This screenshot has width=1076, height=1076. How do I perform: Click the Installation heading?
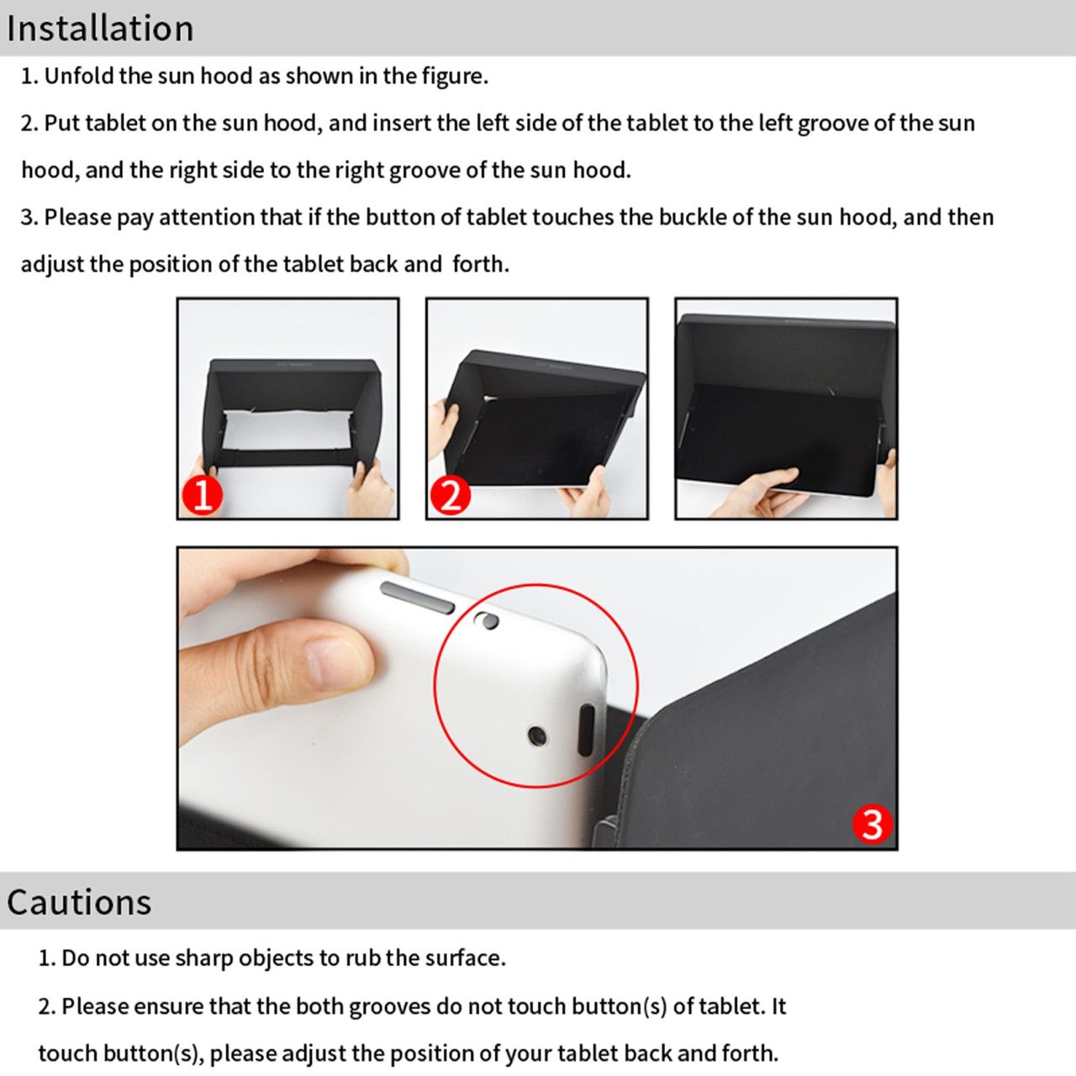(x=100, y=28)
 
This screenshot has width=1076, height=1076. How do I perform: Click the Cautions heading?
(x=79, y=902)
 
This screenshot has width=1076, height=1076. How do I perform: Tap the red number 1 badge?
(x=203, y=495)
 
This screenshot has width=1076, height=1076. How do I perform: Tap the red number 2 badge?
(x=451, y=495)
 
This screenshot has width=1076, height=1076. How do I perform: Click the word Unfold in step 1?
(x=78, y=76)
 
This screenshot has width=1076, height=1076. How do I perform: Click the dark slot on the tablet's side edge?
(x=586, y=731)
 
